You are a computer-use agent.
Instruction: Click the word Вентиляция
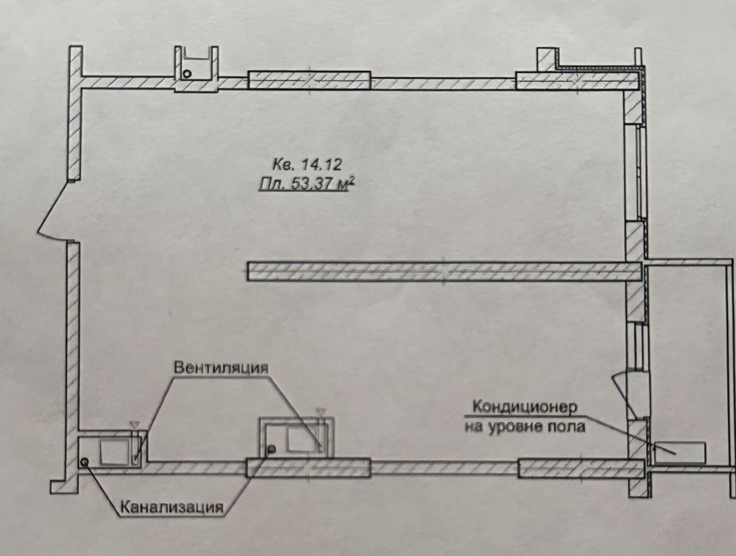click(222, 368)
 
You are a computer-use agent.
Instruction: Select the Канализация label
click(172, 508)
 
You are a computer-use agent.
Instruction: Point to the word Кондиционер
click(525, 407)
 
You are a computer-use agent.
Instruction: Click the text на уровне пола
click(525, 427)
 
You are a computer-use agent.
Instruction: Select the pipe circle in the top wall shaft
click(187, 74)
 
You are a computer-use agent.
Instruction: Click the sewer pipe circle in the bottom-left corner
click(85, 461)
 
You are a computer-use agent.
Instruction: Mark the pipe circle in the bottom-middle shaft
click(271, 450)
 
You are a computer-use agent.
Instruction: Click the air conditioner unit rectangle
click(680, 452)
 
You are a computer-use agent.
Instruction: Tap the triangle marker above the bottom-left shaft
click(134, 425)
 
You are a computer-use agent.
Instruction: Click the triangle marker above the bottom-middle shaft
click(321, 411)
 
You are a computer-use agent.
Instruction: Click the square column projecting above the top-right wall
click(546, 60)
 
